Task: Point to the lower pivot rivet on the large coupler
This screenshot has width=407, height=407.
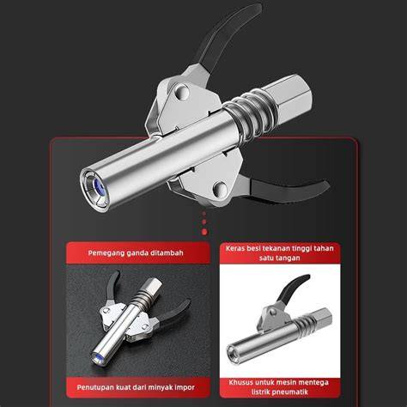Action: pyautogui.click(x=222, y=188)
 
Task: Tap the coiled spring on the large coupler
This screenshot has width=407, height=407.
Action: pyautogui.click(x=252, y=114)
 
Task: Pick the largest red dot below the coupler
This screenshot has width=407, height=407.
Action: pyautogui.click(x=204, y=232)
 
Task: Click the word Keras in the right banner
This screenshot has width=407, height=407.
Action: pyautogui.click(x=234, y=248)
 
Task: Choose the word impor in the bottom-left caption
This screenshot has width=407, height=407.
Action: pyautogui.click(x=185, y=387)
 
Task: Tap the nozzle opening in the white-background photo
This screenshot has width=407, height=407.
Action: pyautogui.click(x=233, y=350)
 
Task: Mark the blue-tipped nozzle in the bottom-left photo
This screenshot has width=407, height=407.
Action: pyautogui.click(x=98, y=357)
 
